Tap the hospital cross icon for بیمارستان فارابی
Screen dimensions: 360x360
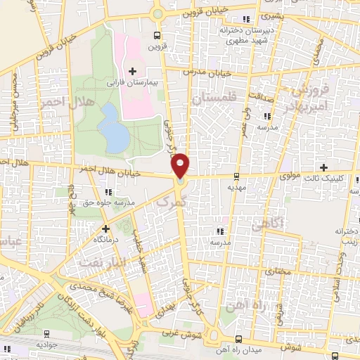tap(132, 70)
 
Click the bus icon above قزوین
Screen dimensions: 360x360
tap(156, 35)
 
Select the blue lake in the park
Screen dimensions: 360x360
tap(110, 126)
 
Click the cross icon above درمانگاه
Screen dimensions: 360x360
tap(105, 229)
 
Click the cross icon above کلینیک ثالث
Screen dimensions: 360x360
tap(323, 167)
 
